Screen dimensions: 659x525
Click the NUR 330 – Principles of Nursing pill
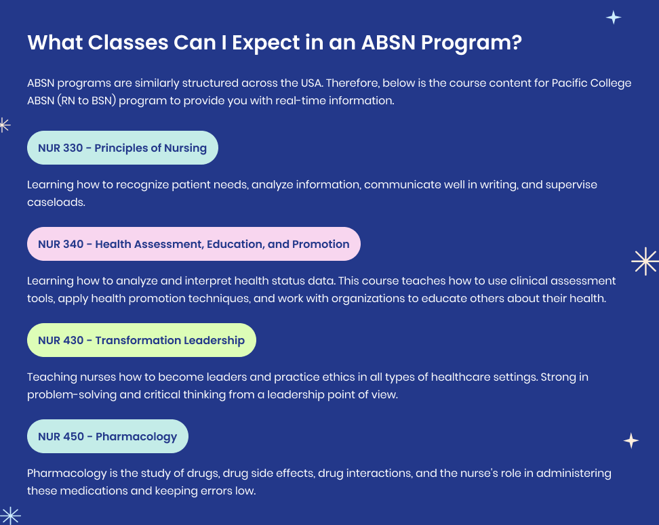[x=122, y=148]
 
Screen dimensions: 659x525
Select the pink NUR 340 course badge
[x=194, y=244]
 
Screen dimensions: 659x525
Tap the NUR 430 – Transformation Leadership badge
[x=142, y=340]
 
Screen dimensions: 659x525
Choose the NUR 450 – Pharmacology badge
[x=108, y=436]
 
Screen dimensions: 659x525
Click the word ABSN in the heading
[x=388, y=43]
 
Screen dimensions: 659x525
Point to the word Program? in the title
[x=471, y=43]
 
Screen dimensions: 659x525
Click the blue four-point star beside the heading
[x=614, y=18]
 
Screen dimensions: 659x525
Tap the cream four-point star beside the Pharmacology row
[x=631, y=440]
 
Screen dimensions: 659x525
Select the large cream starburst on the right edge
[x=645, y=261]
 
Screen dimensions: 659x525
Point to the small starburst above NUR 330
[x=4, y=125]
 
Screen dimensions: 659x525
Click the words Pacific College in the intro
[x=591, y=83]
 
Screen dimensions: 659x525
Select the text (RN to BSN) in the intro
[x=86, y=101]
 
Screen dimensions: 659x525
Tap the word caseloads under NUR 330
[x=56, y=203]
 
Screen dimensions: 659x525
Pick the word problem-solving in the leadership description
[x=72, y=395]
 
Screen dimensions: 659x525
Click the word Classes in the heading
[x=128, y=43]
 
